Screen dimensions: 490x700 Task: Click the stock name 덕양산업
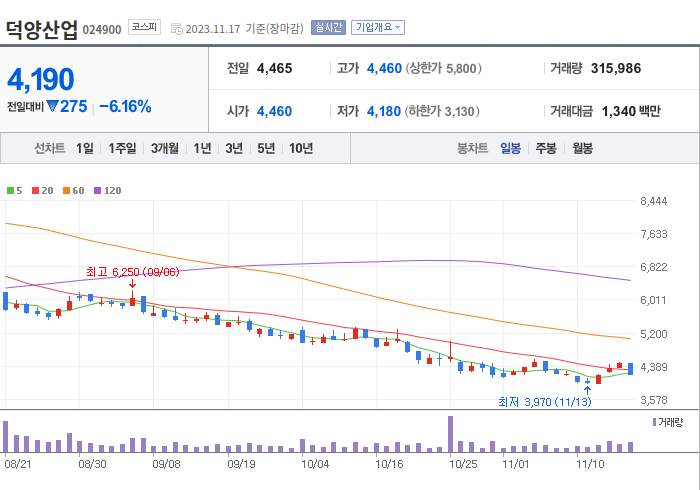click(x=41, y=28)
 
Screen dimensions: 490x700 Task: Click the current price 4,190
click(x=41, y=79)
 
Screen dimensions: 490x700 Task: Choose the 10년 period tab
click(x=300, y=148)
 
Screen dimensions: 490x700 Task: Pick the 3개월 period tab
click(x=165, y=148)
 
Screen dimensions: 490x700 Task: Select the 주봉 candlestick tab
click(x=546, y=148)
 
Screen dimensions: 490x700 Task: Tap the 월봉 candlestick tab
click(x=582, y=148)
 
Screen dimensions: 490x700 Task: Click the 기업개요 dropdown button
click(x=378, y=28)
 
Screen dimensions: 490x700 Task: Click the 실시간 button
click(x=328, y=28)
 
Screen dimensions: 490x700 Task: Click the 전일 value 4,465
click(x=274, y=69)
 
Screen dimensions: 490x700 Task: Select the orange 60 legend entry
click(x=74, y=190)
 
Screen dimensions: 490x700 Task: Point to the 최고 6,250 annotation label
click(x=133, y=271)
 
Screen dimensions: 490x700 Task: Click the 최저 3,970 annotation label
click(x=544, y=402)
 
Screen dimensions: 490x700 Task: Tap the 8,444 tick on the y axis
click(x=653, y=202)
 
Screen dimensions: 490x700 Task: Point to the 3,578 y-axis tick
click(x=653, y=400)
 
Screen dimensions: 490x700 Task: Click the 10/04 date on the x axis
click(x=315, y=464)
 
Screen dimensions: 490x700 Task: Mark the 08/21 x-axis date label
click(x=19, y=464)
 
